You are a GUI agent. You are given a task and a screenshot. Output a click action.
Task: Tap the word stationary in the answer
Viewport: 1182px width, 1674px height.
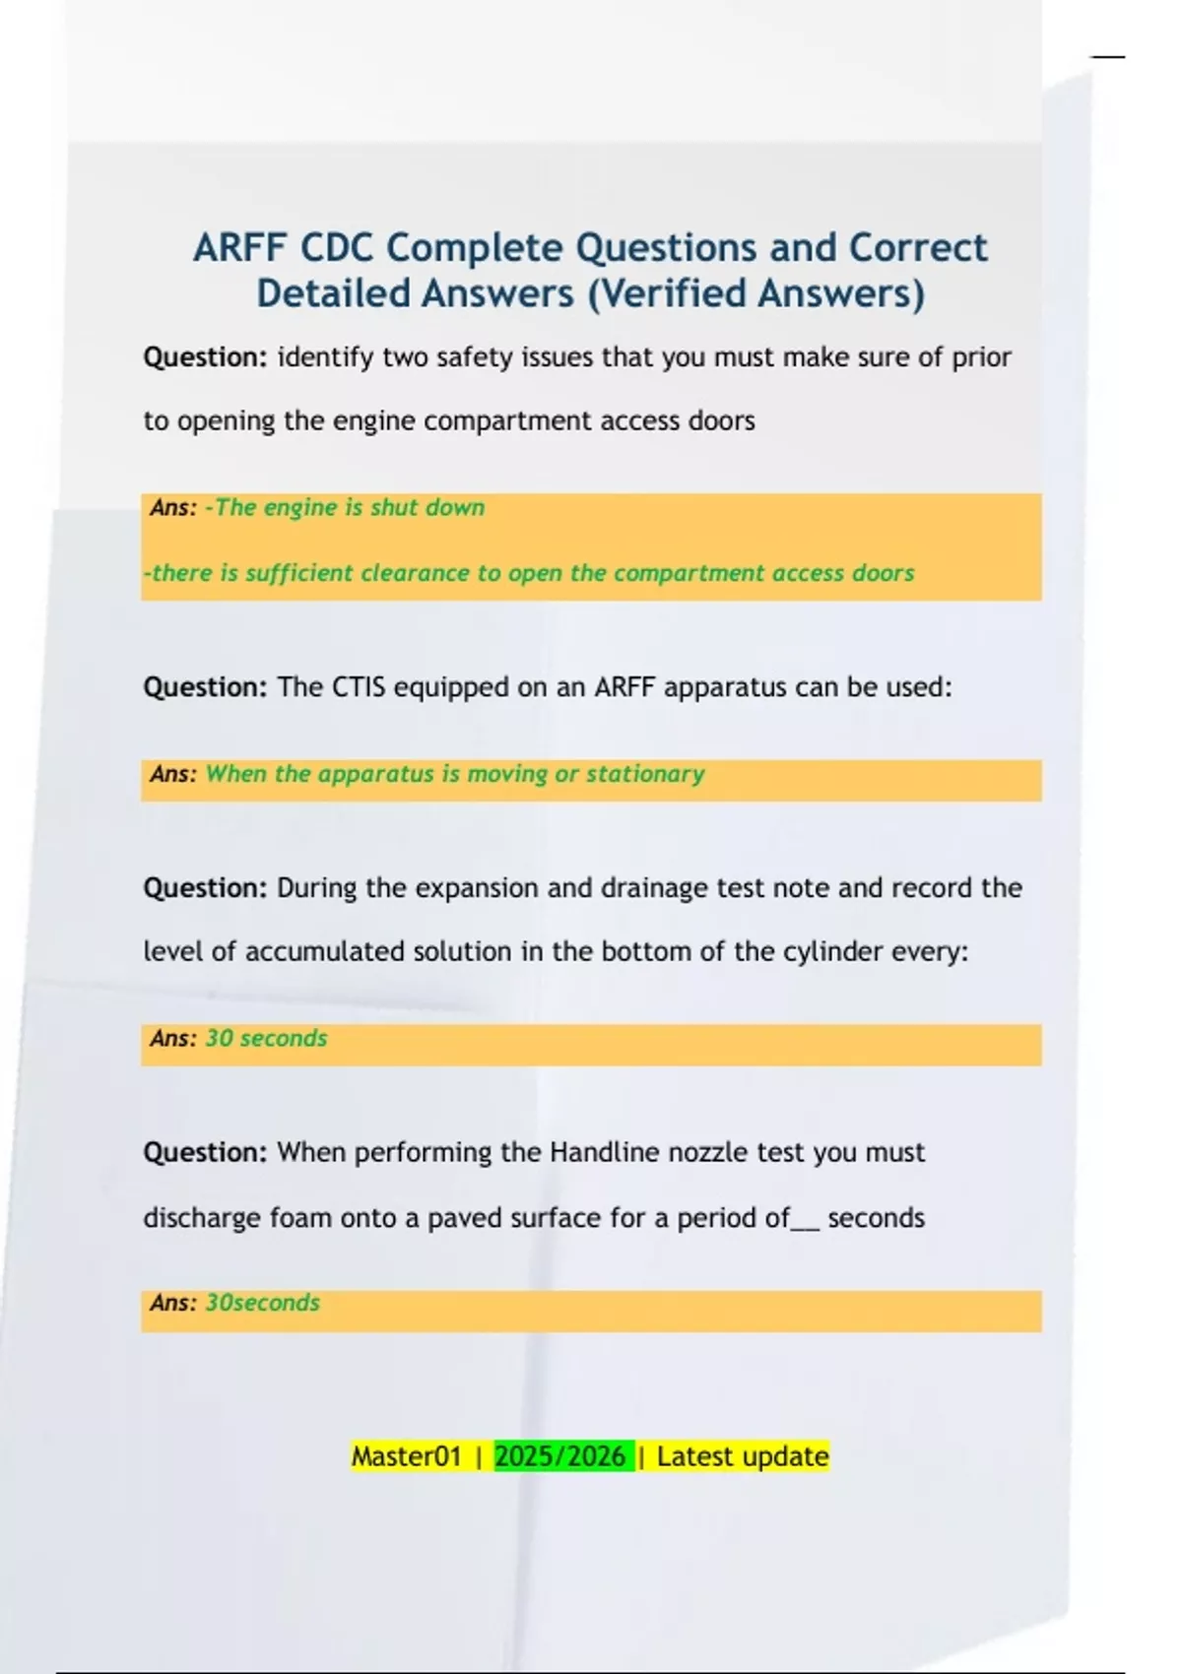(645, 774)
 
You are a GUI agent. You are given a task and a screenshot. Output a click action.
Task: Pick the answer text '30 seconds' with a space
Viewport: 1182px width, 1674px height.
(266, 1039)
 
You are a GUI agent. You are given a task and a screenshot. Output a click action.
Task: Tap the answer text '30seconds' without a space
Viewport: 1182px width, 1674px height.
(262, 1303)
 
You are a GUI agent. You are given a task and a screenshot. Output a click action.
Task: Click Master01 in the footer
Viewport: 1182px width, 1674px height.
(406, 1456)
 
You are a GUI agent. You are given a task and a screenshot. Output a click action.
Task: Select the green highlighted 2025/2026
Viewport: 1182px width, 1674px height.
(560, 1456)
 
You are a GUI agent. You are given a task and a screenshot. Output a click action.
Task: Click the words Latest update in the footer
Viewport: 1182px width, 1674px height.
(743, 1456)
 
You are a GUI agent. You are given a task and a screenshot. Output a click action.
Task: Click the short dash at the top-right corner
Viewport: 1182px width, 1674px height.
(1107, 57)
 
